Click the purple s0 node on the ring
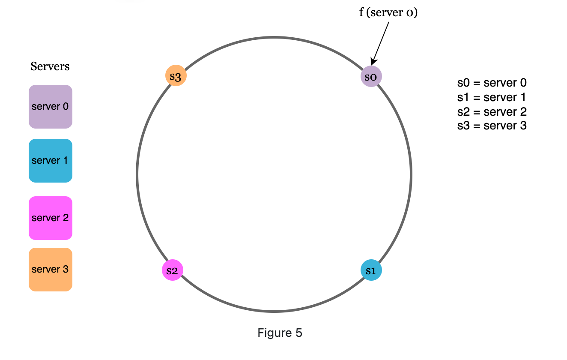(x=371, y=77)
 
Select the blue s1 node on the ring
(x=371, y=270)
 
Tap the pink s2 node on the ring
(x=172, y=270)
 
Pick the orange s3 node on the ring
(x=176, y=76)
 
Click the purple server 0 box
(x=51, y=107)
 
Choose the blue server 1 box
(x=51, y=161)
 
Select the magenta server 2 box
(x=51, y=218)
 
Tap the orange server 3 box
(x=51, y=270)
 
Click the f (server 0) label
(x=388, y=13)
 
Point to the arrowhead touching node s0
(x=373, y=63)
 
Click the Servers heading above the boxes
(x=50, y=66)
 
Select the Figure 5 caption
(x=280, y=333)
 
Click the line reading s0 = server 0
(x=492, y=83)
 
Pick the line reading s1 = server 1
(x=492, y=97)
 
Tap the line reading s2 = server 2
(x=492, y=112)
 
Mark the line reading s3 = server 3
(x=492, y=126)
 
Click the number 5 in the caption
(x=299, y=333)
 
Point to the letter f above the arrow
(x=361, y=13)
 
